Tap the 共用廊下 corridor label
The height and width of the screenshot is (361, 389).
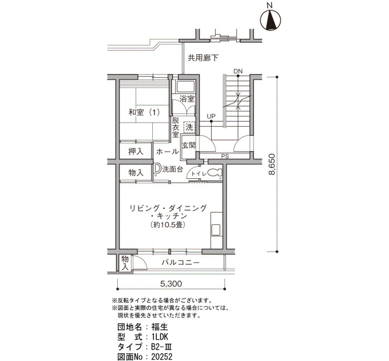click(203, 58)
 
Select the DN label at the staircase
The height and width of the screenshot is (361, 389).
click(238, 71)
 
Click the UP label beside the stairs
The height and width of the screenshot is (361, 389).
click(211, 116)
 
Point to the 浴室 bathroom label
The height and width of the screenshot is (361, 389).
click(187, 99)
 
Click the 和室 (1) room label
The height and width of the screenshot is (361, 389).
click(144, 112)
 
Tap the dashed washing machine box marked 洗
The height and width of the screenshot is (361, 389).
click(189, 127)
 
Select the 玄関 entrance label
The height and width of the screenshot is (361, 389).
click(188, 146)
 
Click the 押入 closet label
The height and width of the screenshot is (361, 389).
click(136, 152)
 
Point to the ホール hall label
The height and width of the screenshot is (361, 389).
click(167, 152)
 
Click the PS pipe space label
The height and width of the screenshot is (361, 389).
click(225, 156)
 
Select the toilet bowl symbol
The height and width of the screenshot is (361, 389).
click(215, 173)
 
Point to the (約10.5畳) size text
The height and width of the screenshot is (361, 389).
click(168, 225)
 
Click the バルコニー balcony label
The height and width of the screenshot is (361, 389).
click(181, 262)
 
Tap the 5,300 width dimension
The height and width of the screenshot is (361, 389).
click(171, 283)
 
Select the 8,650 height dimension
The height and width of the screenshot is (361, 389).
click(272, 164)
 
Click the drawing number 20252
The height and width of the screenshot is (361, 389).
click(162, 357)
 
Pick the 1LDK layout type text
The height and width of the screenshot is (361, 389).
click(160, 337)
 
